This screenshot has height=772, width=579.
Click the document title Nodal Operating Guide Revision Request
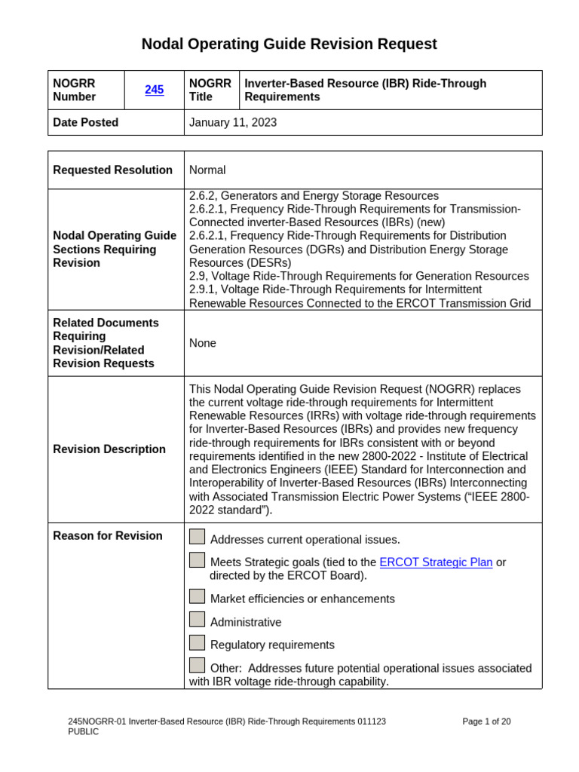pyautogui.click(x=289, y=44)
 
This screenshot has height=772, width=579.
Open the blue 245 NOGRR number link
pyautogui.click(x=154, y=90)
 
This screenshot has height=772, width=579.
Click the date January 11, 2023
pyautogui.click(x=233, y=122)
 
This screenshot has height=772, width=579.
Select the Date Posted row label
pyautogui.click(x=85, y=122)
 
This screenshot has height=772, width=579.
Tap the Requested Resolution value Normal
pyautogui.click(x=207, y=170)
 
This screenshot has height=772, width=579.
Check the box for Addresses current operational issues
pyautogui.click(x=197, y=537)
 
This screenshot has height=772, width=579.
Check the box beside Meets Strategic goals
pyautogui.click(x=197, y=560)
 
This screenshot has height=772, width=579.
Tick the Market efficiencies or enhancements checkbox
pyautogui.click(x=197, y=596)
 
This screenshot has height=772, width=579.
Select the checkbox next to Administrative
pyautogui.click(x=197, y=620)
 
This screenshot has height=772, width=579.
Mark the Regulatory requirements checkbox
pyautogui.click(x=197, y=643)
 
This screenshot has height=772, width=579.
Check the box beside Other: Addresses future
pyautogui.click(x=197, y=666)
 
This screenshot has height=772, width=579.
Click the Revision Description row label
pyautogui.click(x=109, y=449)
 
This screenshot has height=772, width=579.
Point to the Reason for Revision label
pyautogui.click(x=107, y=536)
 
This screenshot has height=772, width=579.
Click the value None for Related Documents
pyautogui.click(x=203, y=343)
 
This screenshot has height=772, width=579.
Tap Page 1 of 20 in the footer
pyautogui.click(x=486, y=721)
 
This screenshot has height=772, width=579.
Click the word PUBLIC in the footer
pyautogui.click(x=83, y=732)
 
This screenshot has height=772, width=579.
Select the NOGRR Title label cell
pyautogui.click(x=210, y=90)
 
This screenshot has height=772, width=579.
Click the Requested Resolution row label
pyautogui.click(x=112, y=170)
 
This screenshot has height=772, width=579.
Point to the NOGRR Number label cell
pyautogui.click(x=75, y=90)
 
